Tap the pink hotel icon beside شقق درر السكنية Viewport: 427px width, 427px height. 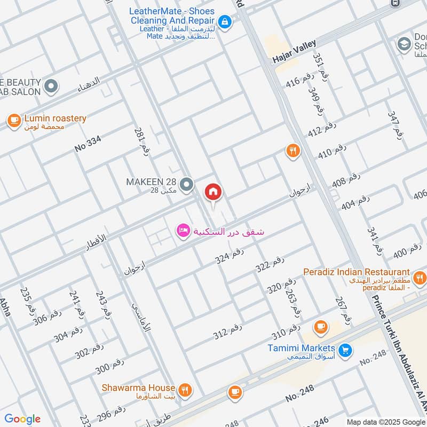183,231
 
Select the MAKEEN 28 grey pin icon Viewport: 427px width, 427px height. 186,185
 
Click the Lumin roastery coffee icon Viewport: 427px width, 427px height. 14,121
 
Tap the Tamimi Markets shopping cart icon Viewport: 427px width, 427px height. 345,350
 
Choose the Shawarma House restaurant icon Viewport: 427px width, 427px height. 185,390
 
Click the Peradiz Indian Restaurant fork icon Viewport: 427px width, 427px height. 420,277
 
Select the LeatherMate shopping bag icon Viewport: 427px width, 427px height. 225,22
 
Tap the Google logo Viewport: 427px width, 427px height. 22,419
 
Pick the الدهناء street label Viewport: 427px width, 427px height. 89,82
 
